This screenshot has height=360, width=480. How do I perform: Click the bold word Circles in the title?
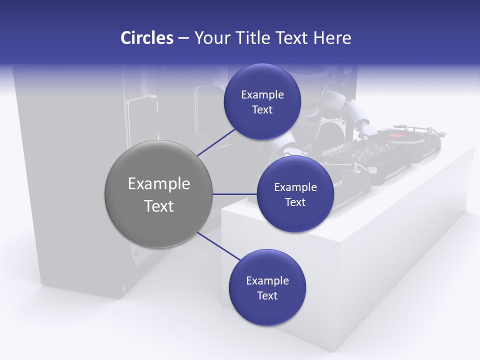pos(146,38)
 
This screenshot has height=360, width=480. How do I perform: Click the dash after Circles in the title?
pos(183,38)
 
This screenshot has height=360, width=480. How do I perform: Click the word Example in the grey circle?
pos(159,184)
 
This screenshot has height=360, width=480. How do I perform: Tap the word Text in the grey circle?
pos(159,206)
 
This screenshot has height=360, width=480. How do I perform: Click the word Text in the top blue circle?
pos(262,110)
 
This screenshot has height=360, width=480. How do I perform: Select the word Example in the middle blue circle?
pos(295,187)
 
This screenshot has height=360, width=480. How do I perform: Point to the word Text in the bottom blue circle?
pos(267,296)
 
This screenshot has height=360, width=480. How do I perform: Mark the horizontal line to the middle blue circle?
pos(235,194)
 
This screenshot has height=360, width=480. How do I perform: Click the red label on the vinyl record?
pos(396,135)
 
